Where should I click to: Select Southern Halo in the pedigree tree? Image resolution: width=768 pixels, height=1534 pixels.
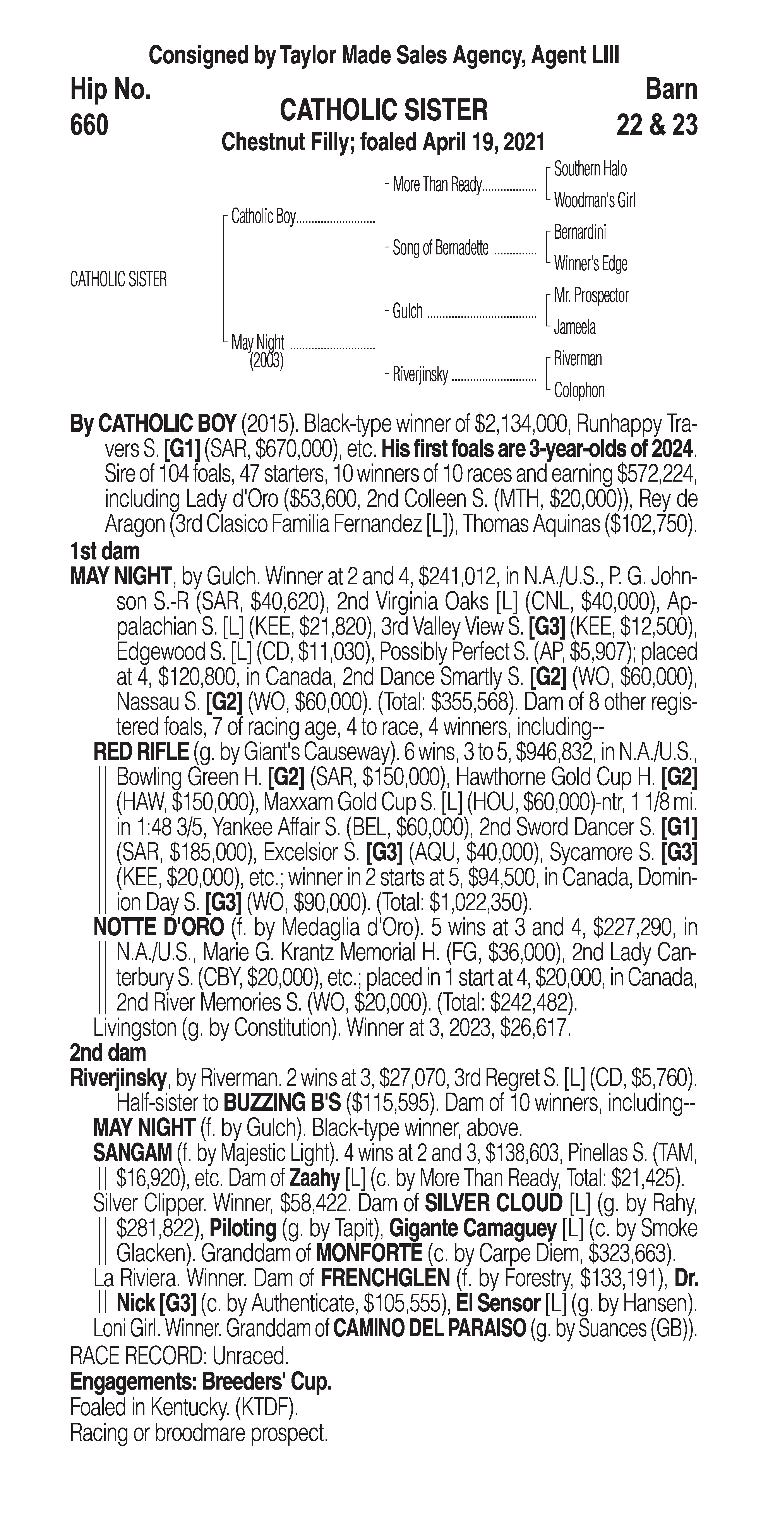pyautogui.click(x=590, y=169)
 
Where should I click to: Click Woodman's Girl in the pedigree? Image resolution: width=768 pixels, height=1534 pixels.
pyautogui.click(x=594, y=201)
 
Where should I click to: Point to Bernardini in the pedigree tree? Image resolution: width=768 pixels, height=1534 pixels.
pyautogui.click(x=580, y=232)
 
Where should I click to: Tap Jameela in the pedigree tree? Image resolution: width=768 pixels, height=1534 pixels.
pyautogui.click(x=574, y=327)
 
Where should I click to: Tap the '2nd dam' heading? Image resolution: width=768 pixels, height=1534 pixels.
pyautogui.click(x=108, y=1053)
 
